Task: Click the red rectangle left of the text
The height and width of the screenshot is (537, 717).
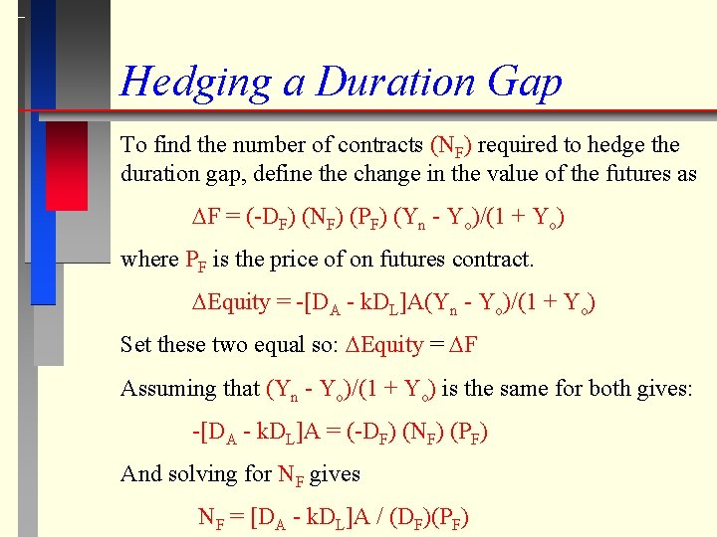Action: pyautogui.click(x=67, y=165)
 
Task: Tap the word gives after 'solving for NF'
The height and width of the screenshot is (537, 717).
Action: pyautogui.click(x=336, y=474)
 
